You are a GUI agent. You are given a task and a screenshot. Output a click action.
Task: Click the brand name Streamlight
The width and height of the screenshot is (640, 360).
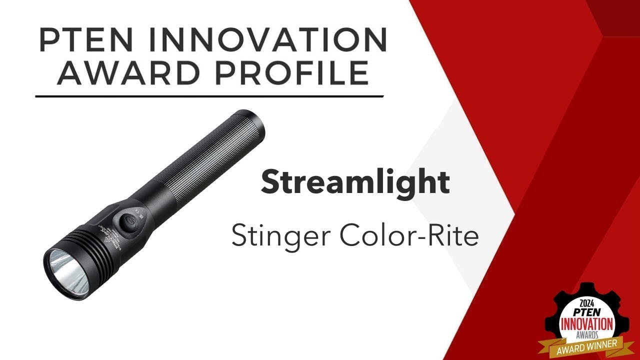[x=355, y=182]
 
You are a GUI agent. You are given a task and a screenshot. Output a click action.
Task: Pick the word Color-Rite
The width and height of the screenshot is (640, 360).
[x=407, y=235]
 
